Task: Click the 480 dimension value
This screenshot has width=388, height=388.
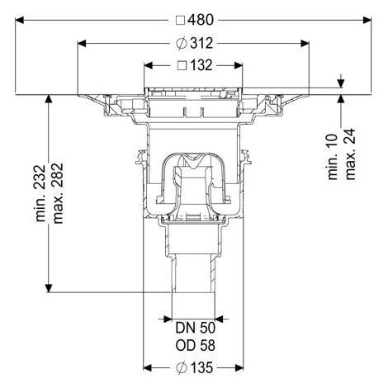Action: coord(201,20)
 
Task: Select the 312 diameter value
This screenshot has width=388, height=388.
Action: coord(201,43)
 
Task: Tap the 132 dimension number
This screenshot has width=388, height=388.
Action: coord(201,65)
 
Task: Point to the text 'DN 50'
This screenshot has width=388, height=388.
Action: coord(195,328)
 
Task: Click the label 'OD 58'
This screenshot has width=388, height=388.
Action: coord(195,346)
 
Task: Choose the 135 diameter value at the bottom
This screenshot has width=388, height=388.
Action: coord(201,367)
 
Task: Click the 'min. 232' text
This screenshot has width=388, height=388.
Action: coord(40,193)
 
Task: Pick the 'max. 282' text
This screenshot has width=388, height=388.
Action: coord(58,193)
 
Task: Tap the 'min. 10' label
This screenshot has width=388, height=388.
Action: coord(333,157)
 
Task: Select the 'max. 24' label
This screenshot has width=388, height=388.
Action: coord(350,154)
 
